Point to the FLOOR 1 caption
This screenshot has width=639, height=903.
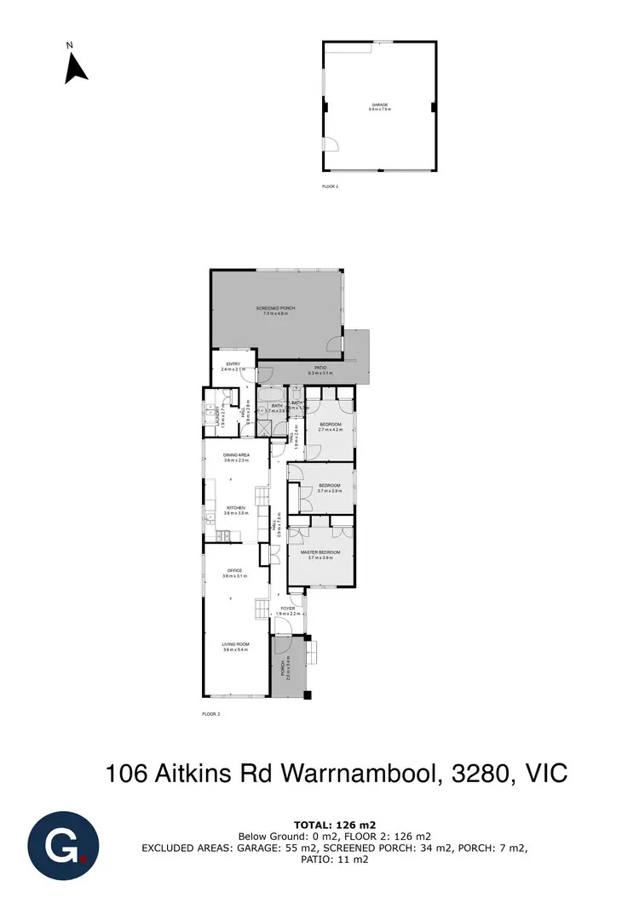pyautogui.click(x=330, y=186)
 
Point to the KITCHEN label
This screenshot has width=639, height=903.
pyautogui.click(x=235, y=510)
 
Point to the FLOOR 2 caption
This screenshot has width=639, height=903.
pyautogui.click(x=210, y=714)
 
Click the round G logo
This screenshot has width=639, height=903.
pyautogui.click(x=62, y=848)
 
